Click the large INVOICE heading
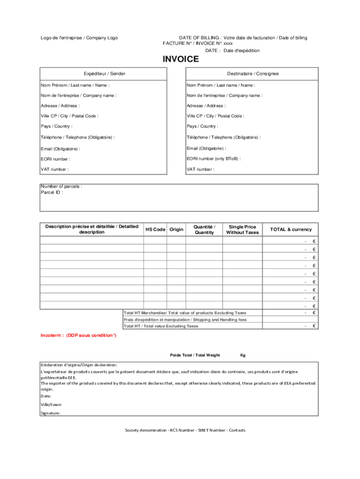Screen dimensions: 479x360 [180, 59]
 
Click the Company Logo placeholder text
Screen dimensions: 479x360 [79, 38]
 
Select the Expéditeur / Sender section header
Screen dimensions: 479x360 [104, 74]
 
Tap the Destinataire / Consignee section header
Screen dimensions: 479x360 [253, 74]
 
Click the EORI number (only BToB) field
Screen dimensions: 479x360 [214, 159]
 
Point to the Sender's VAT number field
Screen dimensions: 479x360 [55, 169]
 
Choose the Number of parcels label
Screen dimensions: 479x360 [62, 187]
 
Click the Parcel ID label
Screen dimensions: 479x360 [52, 192]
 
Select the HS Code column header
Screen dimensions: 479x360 [155, 230]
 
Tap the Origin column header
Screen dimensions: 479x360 [176, 230]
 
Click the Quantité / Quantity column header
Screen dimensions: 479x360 [204, 230]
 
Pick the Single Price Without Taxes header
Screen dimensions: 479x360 [242, 230]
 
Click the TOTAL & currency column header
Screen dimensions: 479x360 [290, 230]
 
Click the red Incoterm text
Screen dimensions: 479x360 [79, 335]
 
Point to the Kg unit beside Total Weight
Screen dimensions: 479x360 [243, 355]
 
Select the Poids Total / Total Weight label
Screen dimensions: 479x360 [194, 355]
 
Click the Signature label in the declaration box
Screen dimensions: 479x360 [50, 413]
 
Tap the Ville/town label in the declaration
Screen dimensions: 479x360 [51, 405]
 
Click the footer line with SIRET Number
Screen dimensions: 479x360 [185, 430]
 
